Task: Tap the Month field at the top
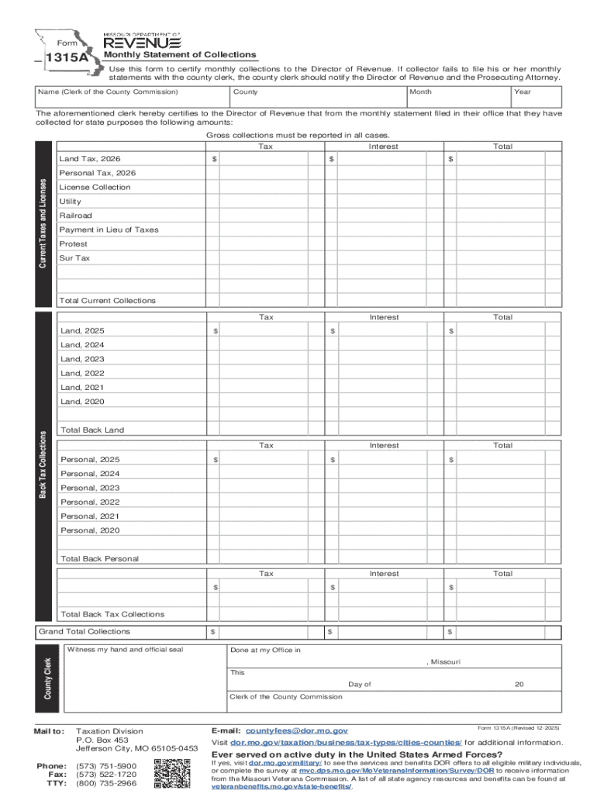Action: click(x=457, y=98)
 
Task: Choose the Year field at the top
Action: click(x=536, y=98)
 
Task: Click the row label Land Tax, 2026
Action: click(x=91, y=159)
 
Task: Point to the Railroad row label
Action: click(x=76, y=216)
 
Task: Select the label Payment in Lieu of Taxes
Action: click(x=109, y=230)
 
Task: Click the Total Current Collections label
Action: click(x=108, y=301)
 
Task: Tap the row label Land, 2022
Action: click(x=83, y=373)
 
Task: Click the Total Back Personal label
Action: click(x=100, y=559)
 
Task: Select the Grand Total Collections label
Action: click(x=85, y=632)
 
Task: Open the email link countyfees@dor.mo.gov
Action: click(x=297, y=731)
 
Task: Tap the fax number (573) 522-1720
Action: click(x=106, y=775)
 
